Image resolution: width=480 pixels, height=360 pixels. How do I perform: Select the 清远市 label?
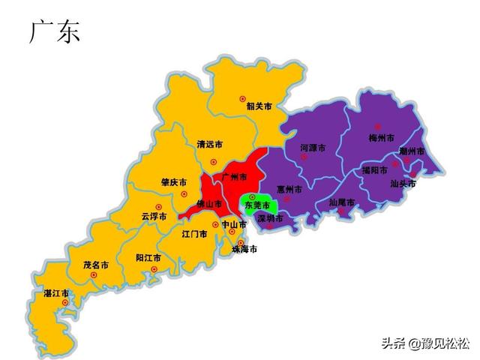[209, 144]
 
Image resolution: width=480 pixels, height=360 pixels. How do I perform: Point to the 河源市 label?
[313, 148]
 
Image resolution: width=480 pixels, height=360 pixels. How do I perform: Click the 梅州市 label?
[382, 138]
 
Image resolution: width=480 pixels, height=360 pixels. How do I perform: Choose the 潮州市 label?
[412, 151]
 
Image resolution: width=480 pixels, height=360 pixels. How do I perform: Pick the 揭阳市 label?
[374, 170]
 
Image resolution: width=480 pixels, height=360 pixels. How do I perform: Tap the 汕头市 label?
[403, 182]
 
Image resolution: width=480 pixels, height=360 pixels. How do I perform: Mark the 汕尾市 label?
[342, 202]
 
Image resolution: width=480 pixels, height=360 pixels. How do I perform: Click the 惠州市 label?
[289, 189]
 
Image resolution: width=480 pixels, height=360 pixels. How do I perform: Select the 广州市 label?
[235, 177]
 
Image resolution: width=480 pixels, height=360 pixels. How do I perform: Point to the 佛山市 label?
[209, 203]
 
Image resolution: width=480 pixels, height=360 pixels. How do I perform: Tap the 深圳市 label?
[270, 219]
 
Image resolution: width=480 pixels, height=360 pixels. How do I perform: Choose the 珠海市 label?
[244, 249]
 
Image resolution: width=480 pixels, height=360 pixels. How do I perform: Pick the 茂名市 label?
[96, 265]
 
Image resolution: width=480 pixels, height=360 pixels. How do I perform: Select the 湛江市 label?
[56, 292]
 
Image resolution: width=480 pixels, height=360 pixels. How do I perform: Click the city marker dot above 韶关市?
[242, 98]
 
